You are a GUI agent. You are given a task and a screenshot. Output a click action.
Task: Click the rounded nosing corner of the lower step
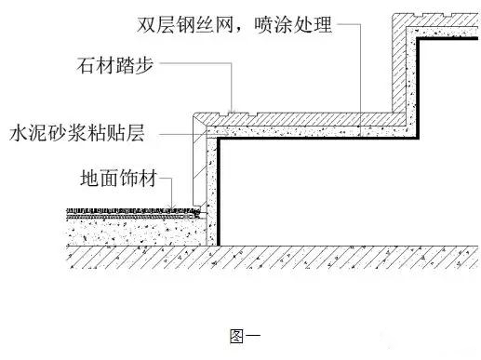(197, 119)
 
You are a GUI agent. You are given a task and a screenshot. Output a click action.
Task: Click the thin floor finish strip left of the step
(130, 211)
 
